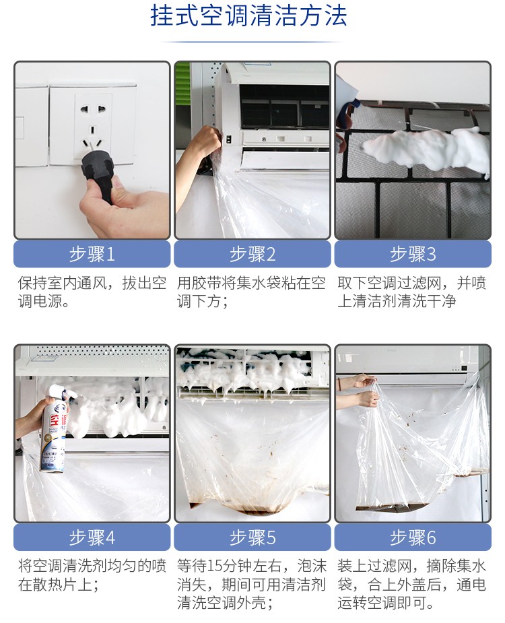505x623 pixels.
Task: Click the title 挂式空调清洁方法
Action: tap(248, 16)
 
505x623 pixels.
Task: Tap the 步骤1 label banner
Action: tap(92, 254)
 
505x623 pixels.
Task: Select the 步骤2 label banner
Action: tap(252, 254)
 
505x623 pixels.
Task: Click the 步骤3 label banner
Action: tap(413, 254)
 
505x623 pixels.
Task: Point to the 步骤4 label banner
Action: tap(92, 537)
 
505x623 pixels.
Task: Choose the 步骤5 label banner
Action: tap(252, 537)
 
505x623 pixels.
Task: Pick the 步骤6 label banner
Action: tap(413, 537)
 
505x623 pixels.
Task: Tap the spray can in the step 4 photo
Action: tap(55, 428)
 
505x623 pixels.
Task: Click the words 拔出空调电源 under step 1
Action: tap(92, 292)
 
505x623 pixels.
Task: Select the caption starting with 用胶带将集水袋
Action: tap(251, 292)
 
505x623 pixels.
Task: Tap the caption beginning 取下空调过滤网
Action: tap(412, 292)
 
